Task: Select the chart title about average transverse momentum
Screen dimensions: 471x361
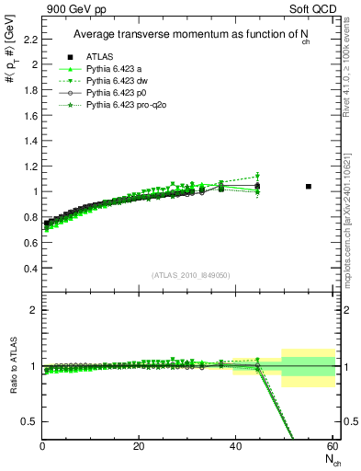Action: click(x=197, y=36)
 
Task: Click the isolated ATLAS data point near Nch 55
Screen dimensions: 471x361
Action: click(x=309, y=187)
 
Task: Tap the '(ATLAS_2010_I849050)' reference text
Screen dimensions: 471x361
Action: click(x=190, y=275)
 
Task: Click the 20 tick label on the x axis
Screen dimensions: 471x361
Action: click(x=138, y=446)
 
